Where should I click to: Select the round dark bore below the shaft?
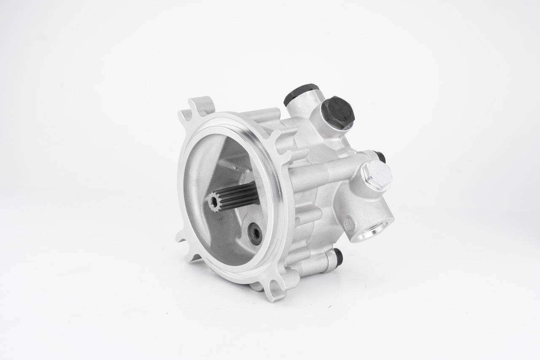[x=255, y=233]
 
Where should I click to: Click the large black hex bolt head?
[x=337, y=112]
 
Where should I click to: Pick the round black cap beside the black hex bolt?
[x=300, y=92]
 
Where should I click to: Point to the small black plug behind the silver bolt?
[x=380, y=156]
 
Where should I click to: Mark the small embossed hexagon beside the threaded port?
[x=348, y=224]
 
